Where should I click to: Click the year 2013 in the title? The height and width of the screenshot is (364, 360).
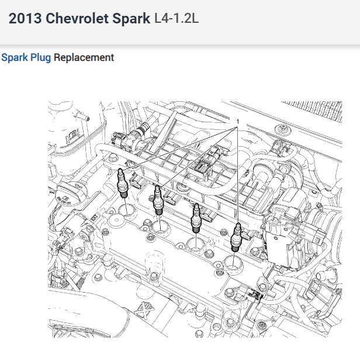25,18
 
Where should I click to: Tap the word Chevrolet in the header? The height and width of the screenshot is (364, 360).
77,18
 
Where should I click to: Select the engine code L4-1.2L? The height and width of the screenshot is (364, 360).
176,18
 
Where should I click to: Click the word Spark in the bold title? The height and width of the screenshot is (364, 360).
131,19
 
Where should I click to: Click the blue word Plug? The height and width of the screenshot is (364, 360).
40,58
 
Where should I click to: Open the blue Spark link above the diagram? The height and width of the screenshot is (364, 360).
15,58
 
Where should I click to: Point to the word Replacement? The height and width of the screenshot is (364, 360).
84,57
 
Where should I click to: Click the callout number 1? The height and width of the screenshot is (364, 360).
238,122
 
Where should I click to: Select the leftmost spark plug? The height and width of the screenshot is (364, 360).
122,183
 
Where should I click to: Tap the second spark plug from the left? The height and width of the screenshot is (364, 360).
158,200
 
